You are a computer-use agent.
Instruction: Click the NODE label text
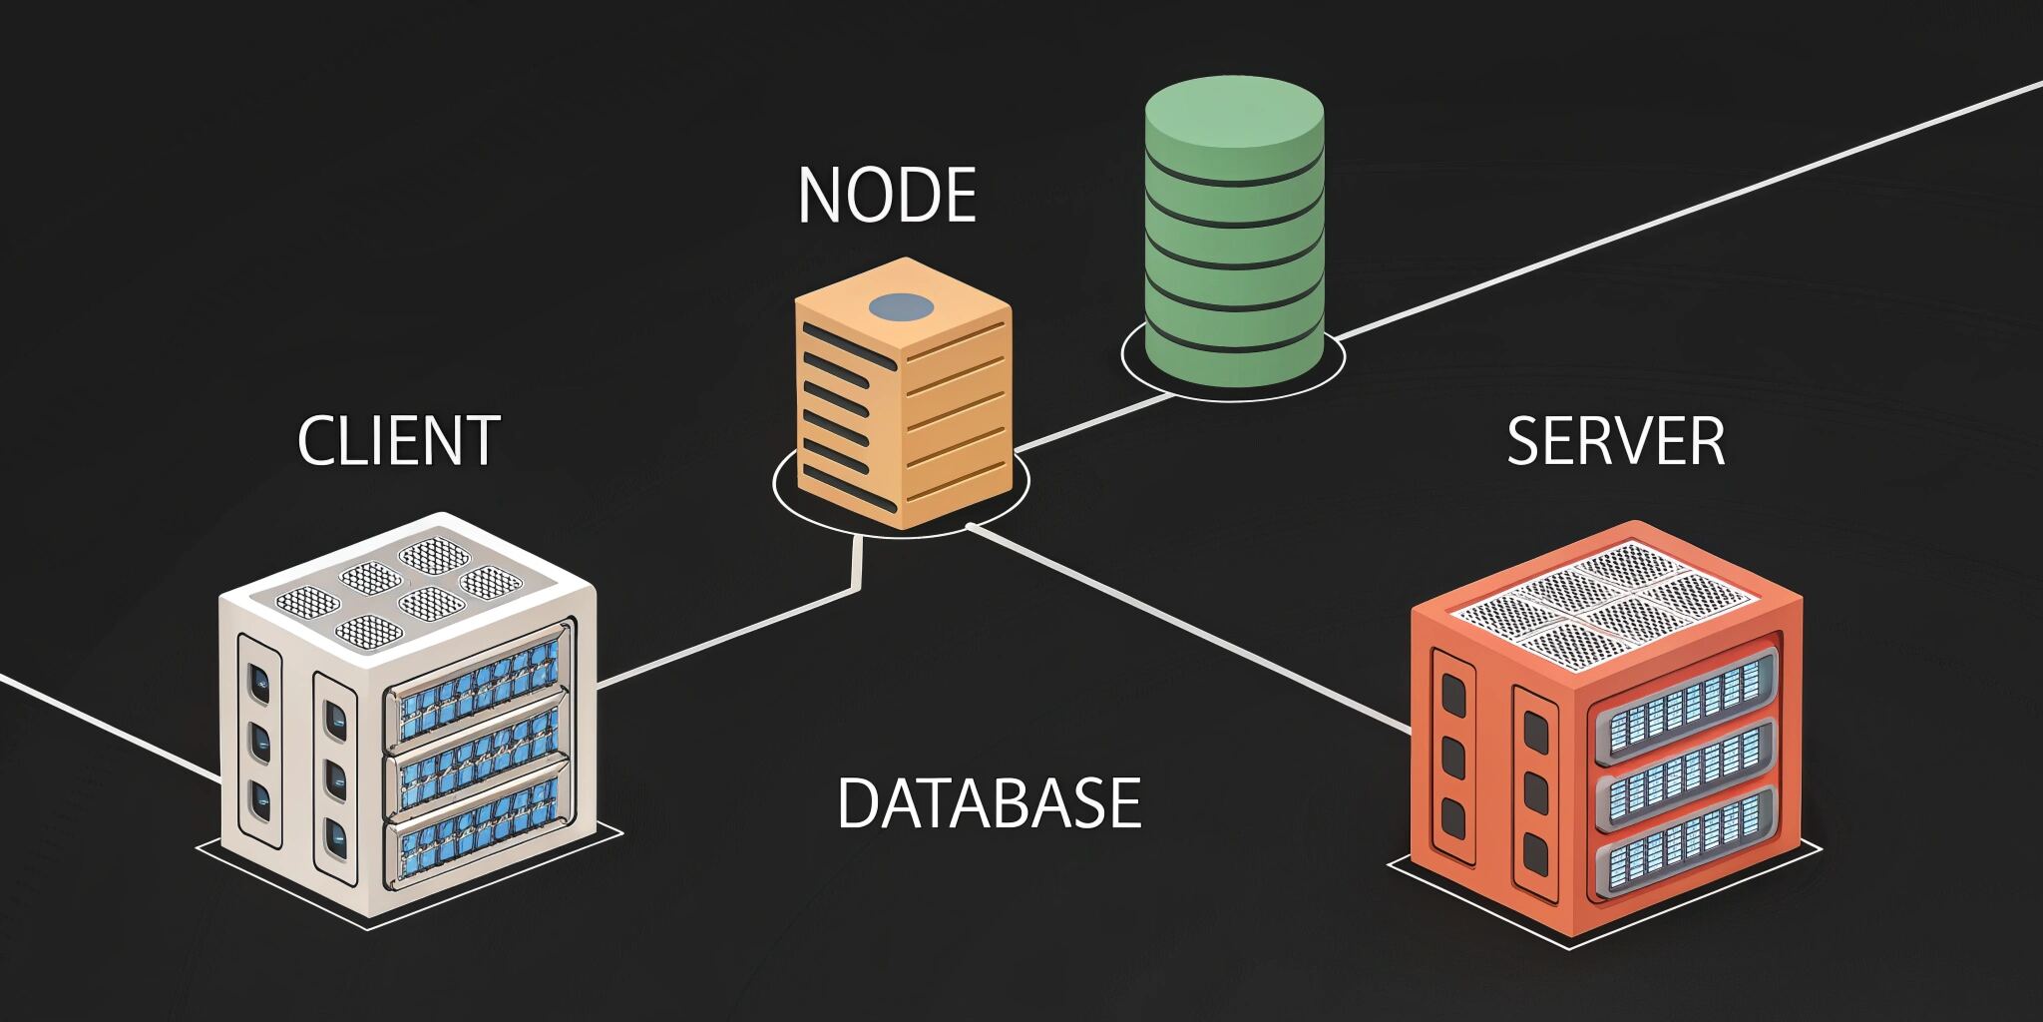coord(887,196)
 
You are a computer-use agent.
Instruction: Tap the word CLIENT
coord(399,440)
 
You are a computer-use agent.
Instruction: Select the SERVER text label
coord(1615,441)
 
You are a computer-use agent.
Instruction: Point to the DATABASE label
coord(989,803)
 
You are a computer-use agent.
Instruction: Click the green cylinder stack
coord(1234,240)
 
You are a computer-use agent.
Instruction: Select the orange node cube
coord(903,399)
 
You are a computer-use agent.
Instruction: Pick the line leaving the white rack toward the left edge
coord(110,727)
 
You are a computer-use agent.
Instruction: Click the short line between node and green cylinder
coord(1092,423)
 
